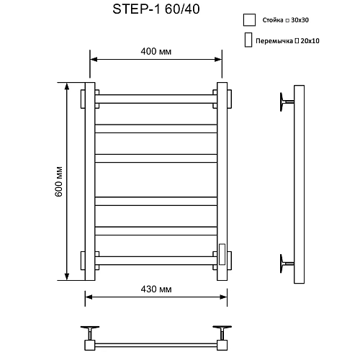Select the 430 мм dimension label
156,289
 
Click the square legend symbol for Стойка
249,20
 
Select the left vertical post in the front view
90,183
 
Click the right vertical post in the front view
222,183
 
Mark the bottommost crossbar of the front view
156,257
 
